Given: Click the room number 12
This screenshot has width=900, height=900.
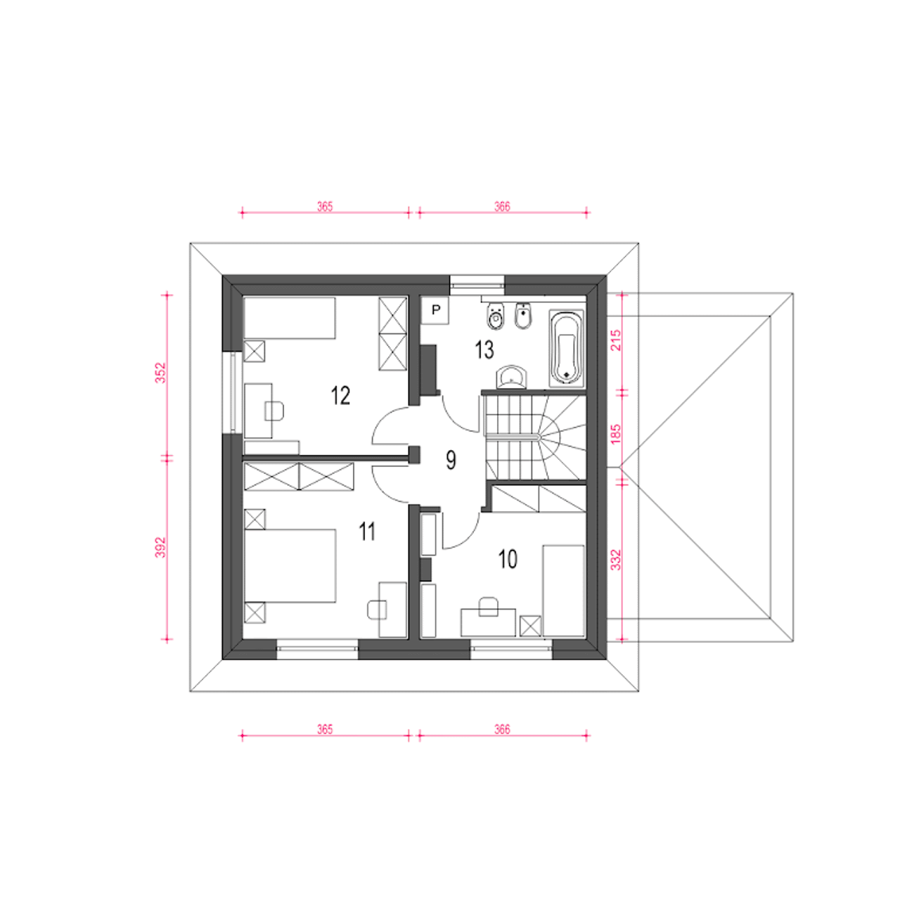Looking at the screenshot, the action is (340, 396).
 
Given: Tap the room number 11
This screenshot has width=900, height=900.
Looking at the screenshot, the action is (367, 532).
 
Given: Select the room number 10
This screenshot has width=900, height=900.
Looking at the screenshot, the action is (508, 559).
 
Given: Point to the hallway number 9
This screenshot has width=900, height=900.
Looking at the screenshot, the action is (451, 460).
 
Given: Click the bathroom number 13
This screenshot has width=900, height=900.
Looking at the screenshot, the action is (484, 350).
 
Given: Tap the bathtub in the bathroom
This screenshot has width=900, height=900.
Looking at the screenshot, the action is (567, 348).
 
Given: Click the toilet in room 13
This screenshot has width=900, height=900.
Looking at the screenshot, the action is (495, 316).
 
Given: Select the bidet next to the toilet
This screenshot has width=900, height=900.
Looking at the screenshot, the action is (522, 316).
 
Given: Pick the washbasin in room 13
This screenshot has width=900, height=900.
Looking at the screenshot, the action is (512, 377).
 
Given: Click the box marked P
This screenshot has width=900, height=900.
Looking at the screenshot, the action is (435, 309).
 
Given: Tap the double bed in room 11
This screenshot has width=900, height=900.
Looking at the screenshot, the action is (290, 565).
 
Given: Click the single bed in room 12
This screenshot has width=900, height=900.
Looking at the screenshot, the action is (290, 318).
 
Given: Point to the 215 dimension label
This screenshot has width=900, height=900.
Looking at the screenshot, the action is (616, 340).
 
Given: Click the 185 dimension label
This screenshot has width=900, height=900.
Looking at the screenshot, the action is (616, 434).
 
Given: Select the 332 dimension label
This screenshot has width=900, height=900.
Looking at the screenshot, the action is (616, 560).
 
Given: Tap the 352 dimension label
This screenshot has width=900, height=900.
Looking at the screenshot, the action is (160, 373).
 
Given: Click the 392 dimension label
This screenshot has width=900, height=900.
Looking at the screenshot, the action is (160, 547).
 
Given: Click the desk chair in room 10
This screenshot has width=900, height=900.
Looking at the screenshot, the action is (489, 606).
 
